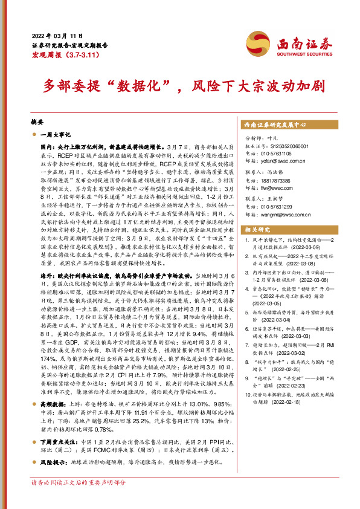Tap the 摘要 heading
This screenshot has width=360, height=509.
(38, 121)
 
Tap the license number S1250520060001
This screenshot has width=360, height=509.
(292, 146)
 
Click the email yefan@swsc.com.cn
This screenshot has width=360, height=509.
(286, 161)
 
